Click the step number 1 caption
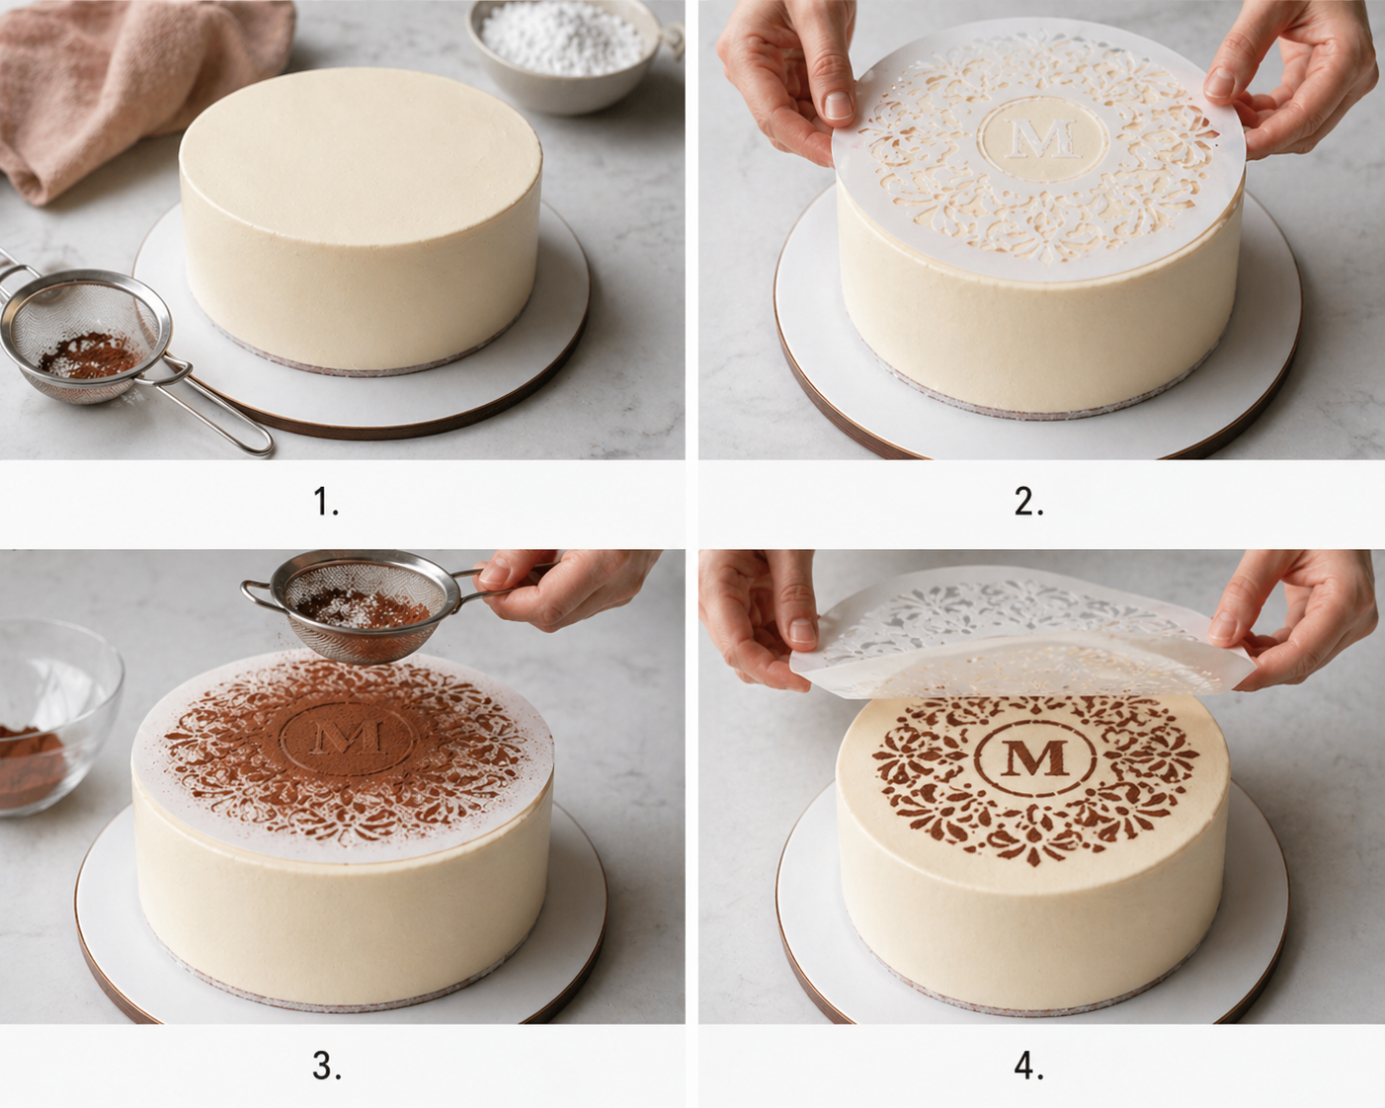click(x=327, y=503)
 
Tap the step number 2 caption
click(x=1028, y=503)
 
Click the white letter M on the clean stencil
click(x=1043, y=138)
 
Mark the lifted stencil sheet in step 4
click(x=1018, y=632)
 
